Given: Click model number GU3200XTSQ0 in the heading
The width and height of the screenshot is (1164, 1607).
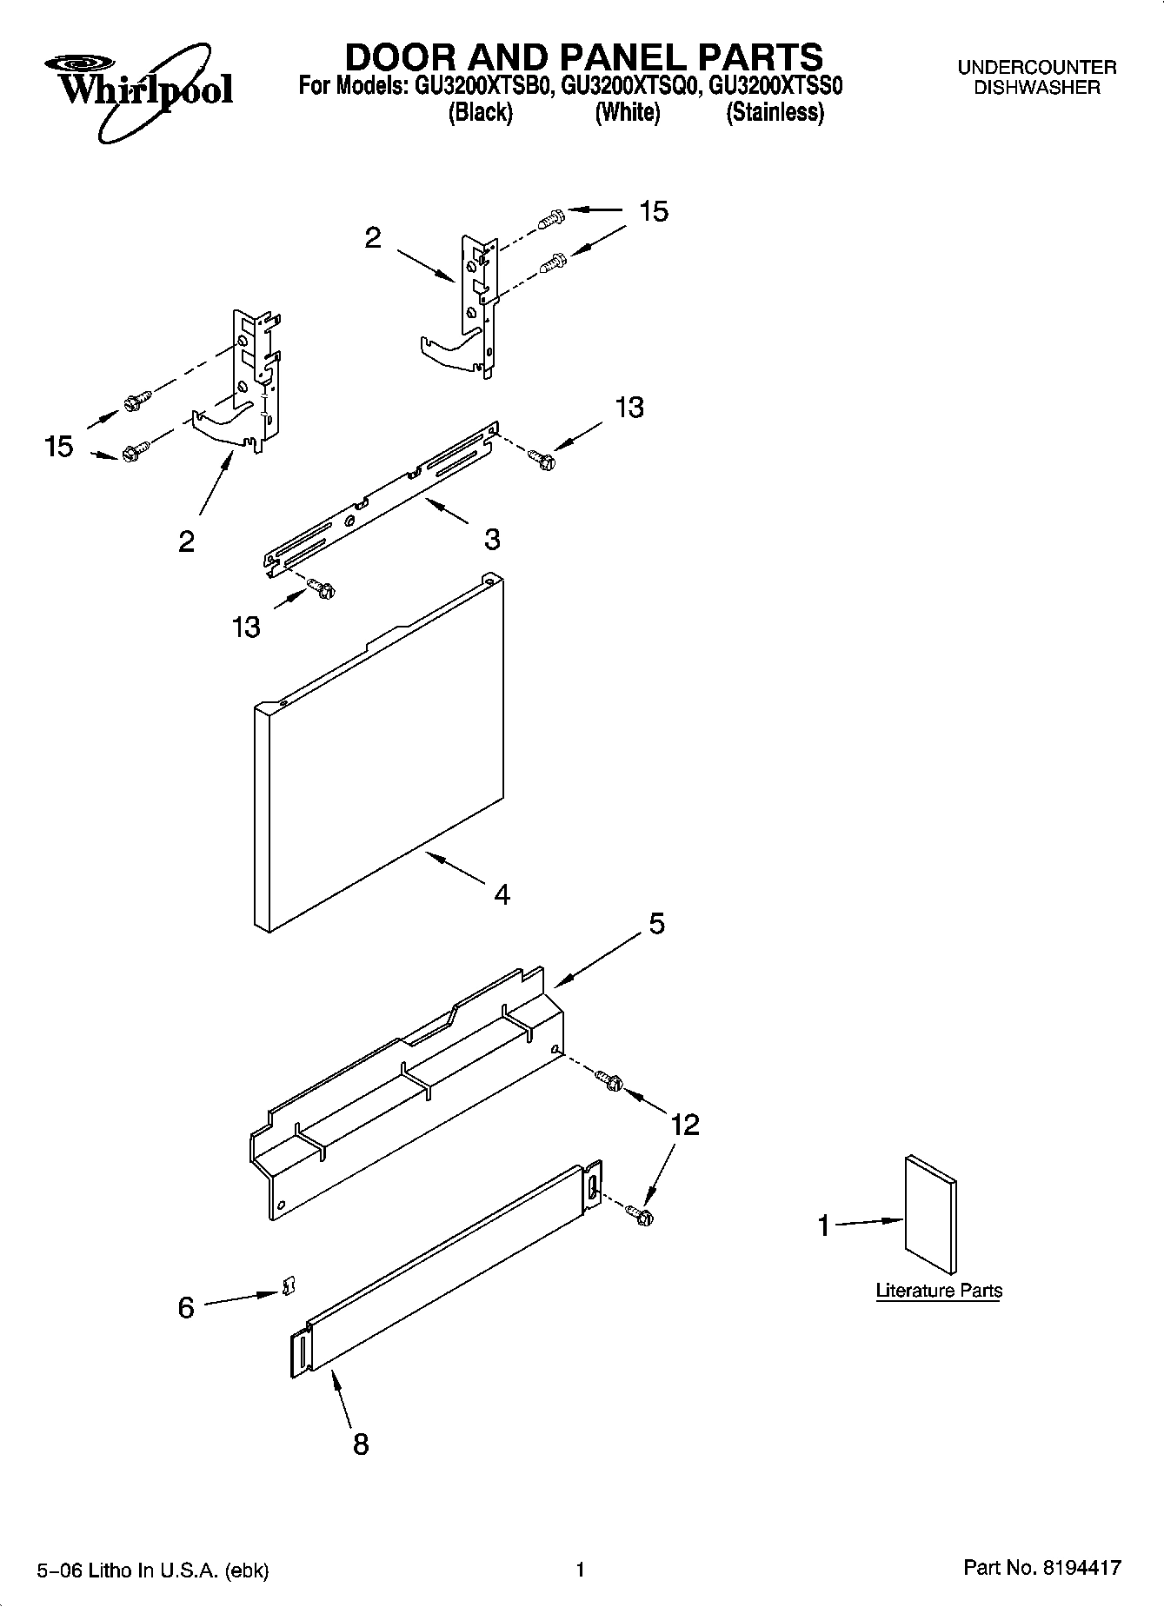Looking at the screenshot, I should (x=629, y=87).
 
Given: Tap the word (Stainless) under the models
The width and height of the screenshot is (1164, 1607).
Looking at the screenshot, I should (x=775, y=113).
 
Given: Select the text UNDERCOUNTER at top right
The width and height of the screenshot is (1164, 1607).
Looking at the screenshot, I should (x=1036, y=67).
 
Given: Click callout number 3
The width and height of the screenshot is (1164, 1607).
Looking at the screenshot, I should (x=492, y=539).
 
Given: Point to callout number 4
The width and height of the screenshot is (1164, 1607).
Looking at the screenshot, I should (x=502, y=893).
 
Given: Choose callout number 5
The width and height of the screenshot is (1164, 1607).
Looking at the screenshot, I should (x=656, y=923).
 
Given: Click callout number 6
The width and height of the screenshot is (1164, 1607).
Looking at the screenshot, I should (x=186, y=1307).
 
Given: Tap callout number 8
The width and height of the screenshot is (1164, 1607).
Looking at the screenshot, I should (x=361, y=1444).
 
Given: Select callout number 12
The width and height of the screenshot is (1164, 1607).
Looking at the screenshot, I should (x=685, y=1125).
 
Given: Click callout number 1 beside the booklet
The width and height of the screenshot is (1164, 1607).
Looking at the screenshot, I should (x=823, y=1226).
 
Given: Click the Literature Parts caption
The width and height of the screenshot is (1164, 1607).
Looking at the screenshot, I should (x=938, y=1291).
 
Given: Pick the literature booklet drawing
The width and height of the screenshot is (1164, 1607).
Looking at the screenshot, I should (x=931, y=1214).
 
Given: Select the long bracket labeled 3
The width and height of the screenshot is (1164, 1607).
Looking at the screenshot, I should (x=382, y=500).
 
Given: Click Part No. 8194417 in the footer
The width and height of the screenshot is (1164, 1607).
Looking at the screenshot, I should (x=1041, y=1568).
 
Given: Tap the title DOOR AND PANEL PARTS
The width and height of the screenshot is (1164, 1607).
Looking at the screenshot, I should (x=583, y=57).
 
